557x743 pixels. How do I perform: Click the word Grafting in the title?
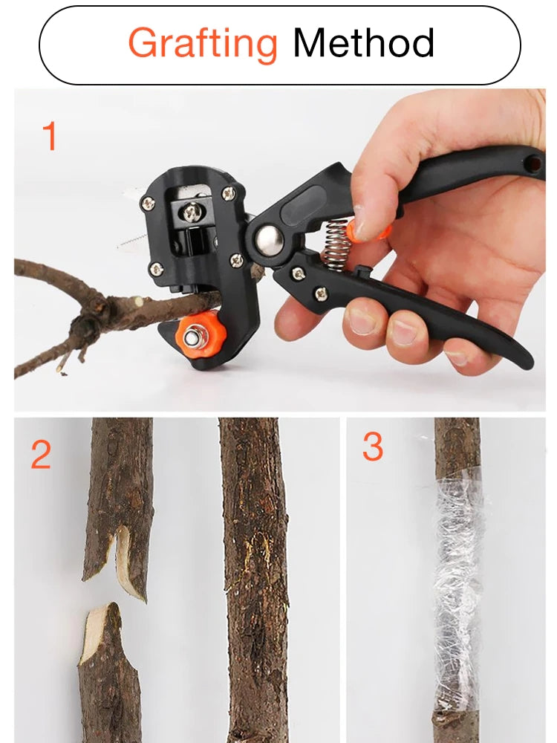[x=203, y=43]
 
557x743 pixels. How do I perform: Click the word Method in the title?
[x=363, y=43]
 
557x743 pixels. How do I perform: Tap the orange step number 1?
[x=50, y=137]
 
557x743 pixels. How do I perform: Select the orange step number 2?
[x=41, y=454]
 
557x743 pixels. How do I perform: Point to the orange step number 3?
[x=373, y=447]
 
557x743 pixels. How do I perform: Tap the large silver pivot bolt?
[x=268, y=241]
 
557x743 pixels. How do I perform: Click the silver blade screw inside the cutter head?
[x=191, y=213]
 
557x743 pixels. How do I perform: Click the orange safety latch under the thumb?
[x=371, y=232]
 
